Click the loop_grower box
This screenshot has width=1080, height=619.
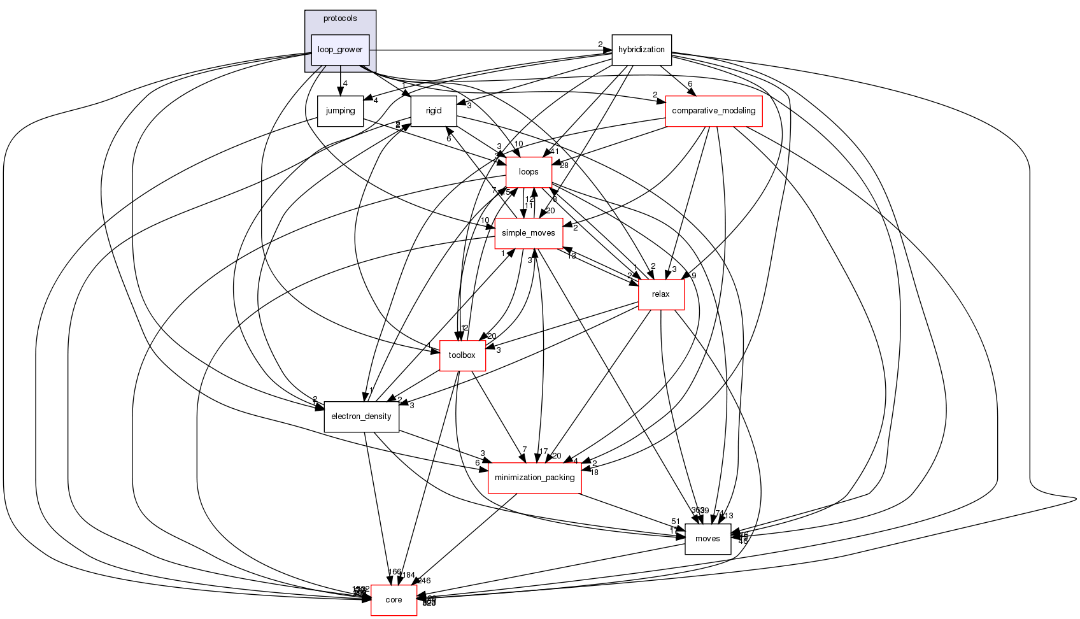pos(340,50)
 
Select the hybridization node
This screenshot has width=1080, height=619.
pos(641,50)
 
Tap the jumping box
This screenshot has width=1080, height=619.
pos(340,111)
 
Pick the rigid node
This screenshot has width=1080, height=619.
pos(434,111)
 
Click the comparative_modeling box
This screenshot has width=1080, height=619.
pos(714,111)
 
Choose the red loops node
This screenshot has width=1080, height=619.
pos(529,172)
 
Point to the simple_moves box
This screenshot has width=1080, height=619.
pos(529,233)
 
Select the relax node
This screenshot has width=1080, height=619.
pos(661,294)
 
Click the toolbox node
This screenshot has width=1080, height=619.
pos(462,355)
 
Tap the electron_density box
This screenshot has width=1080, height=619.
pos(362,416)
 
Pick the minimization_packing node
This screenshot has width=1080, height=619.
pos(535,478)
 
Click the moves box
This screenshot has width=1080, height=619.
pos(707,539)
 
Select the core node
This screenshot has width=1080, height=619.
pos(394,600)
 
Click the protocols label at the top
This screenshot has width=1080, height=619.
pos(340,18)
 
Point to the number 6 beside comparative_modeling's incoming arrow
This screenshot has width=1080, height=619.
pos(690,84)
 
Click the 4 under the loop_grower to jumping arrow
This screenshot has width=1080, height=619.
pos(345,83)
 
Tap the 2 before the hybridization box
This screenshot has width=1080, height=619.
pos(600,44)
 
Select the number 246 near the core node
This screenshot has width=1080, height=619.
pos(424,581)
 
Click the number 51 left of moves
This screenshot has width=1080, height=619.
pos(676,522)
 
